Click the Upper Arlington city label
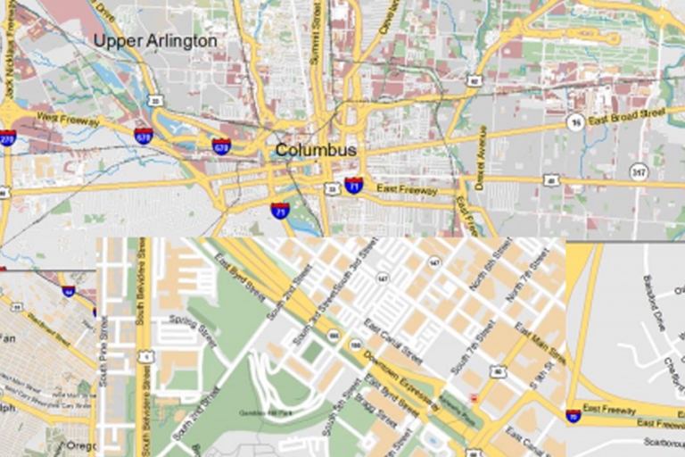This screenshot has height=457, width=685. point(155,41)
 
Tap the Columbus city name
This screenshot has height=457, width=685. point(316,150)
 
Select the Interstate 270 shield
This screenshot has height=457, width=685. point(7,137)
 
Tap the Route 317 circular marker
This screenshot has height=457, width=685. point(639,170)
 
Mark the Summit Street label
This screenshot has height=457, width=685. point(315,31)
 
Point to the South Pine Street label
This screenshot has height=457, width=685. point(103,353)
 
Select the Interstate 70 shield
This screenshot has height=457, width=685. point(573,416)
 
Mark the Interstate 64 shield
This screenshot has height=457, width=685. point(69,291)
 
